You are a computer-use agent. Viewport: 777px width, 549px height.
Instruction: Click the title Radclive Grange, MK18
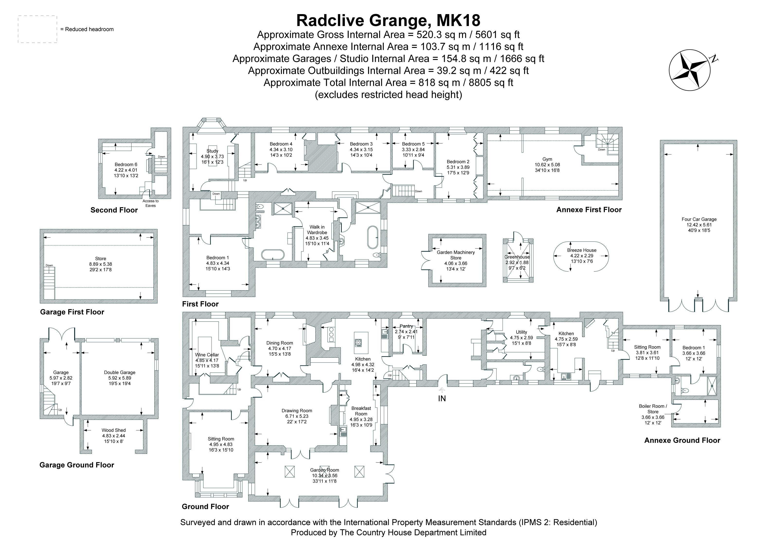[388, 20]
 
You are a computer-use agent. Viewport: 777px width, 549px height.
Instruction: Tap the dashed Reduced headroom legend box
[37, 29]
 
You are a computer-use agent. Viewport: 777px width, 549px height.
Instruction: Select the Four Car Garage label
[699, 219]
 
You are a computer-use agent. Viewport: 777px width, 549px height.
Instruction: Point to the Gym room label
[547, 159]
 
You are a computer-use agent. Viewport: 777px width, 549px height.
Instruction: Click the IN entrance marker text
[442, 398]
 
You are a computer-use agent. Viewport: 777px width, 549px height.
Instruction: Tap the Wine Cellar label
[207, 355]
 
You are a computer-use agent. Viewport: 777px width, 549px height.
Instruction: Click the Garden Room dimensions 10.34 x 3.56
[324, 476]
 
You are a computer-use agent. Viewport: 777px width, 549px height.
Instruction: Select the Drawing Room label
[297, 411]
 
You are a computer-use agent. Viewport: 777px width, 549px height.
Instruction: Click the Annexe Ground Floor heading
[682, 440]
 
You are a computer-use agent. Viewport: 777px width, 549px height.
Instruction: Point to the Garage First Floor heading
[72, 312]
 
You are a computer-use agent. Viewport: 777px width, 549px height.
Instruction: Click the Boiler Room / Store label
[653, 409]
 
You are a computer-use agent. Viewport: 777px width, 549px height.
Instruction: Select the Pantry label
[406, 326]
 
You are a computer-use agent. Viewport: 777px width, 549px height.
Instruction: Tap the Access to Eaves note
[150, 203]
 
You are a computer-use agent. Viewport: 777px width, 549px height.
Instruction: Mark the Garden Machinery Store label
[455, 255]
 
